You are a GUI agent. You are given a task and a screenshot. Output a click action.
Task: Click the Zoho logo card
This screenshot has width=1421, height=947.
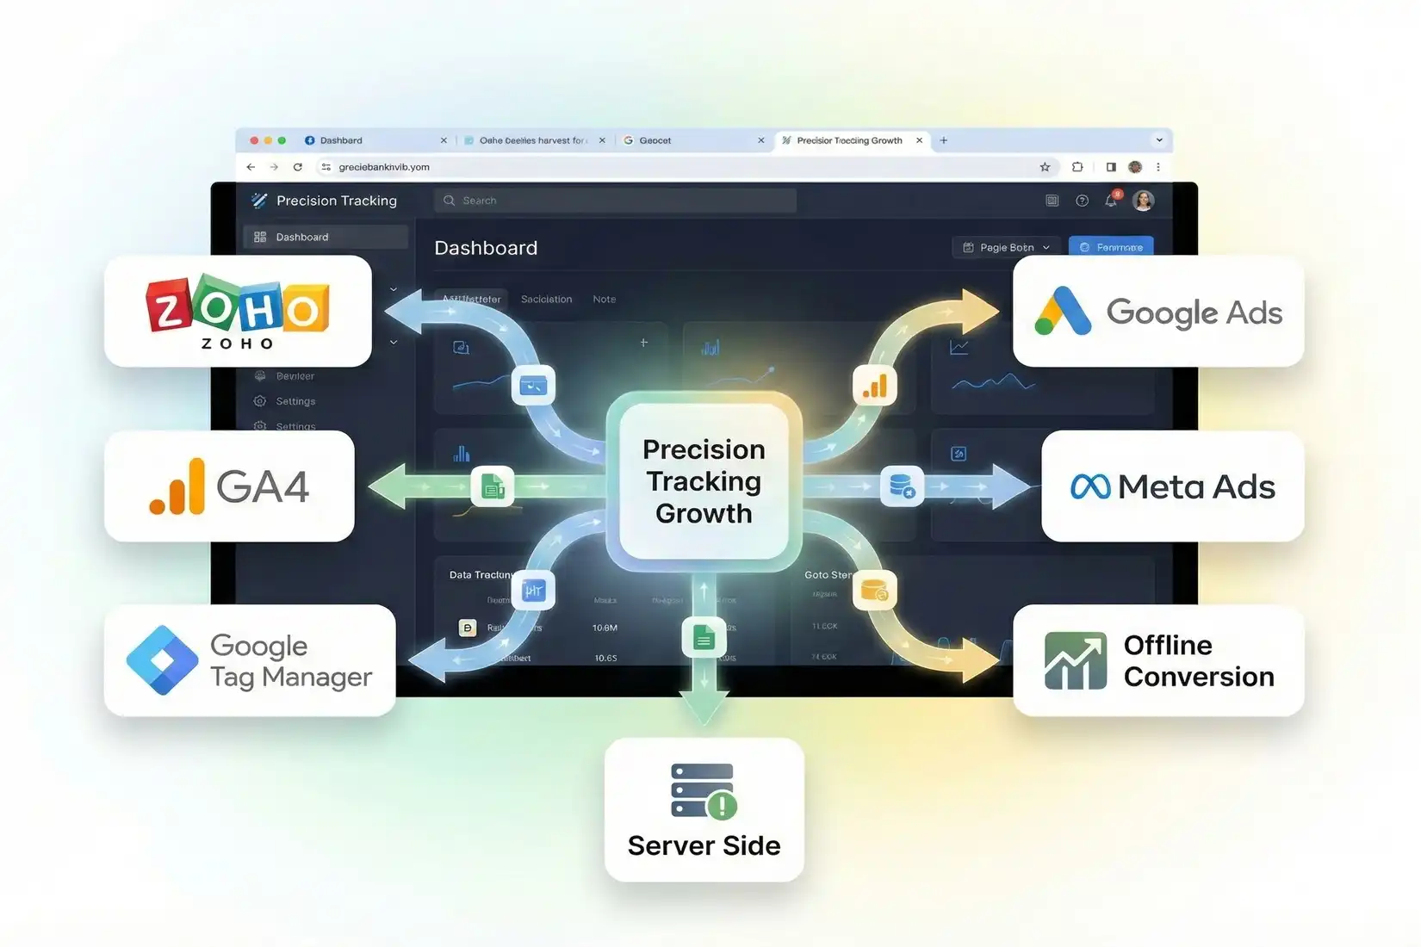[x=238, y=311]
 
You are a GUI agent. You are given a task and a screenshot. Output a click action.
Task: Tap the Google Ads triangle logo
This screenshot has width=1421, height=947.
[x=1063, y=311]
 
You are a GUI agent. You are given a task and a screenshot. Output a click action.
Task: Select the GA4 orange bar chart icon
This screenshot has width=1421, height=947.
[x=177, y=487]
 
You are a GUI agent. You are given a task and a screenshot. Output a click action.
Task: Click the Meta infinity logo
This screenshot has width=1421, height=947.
[x=1090, y=487]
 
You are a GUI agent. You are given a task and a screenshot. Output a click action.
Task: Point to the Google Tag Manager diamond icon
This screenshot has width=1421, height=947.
[x=162, y=660]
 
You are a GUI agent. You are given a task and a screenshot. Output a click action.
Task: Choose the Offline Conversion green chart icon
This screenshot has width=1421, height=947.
[x=1075, y=660]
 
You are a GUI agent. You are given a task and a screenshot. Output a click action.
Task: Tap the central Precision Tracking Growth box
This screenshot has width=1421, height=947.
[x=704, y=481]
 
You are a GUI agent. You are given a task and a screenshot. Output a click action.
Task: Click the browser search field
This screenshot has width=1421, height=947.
[x=615, y=201]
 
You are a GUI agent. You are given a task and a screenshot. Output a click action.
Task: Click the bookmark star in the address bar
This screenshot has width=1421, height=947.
[x=1045, y=167]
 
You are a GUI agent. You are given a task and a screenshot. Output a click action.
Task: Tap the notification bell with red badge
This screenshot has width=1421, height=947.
[x=1112, y=200]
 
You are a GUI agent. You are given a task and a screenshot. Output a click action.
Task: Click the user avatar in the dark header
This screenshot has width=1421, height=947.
[x=1144, y=201]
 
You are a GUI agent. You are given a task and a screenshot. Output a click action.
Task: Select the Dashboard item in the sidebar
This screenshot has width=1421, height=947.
[x=325, y=237]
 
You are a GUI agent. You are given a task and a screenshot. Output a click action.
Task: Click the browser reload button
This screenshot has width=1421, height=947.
[x=298, y=167]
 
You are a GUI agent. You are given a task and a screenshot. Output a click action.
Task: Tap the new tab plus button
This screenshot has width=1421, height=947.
[x=944, y=140]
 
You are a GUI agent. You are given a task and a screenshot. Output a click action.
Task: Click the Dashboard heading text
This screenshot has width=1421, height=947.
[x=486, y=248]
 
